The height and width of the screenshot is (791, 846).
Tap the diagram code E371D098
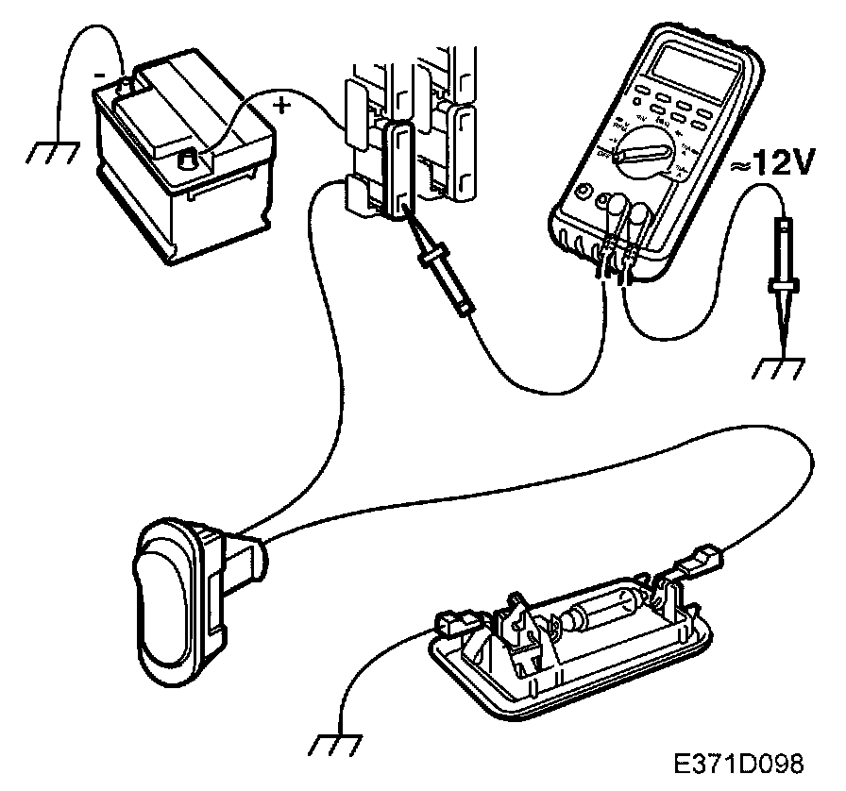click(x=739, y=762)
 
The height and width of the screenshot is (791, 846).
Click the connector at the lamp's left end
click(x=455, y=624)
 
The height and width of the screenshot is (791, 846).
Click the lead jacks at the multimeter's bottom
click(x=618, y=254)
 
